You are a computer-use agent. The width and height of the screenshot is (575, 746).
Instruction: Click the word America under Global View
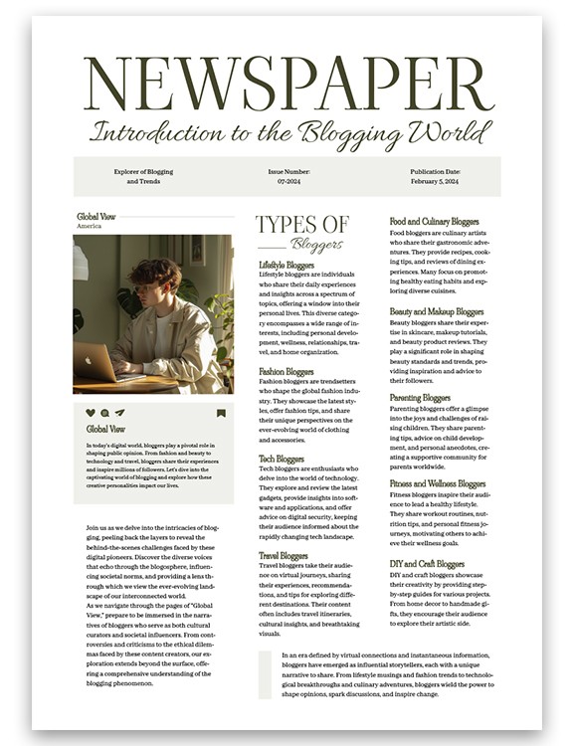89,226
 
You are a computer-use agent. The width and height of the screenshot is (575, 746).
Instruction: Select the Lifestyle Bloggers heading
287,266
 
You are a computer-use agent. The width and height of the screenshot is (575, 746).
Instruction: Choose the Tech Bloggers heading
282,459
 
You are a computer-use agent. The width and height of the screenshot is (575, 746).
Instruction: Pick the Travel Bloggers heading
284,556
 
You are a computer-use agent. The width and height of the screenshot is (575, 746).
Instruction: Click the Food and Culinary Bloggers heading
434,221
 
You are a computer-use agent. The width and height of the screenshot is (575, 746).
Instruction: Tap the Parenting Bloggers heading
420,398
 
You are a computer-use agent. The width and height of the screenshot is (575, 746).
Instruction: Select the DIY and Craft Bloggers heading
427,564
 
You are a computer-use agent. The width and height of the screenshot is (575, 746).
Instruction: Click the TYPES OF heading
301,225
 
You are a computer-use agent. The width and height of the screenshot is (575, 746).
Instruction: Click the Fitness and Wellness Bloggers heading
438,484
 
